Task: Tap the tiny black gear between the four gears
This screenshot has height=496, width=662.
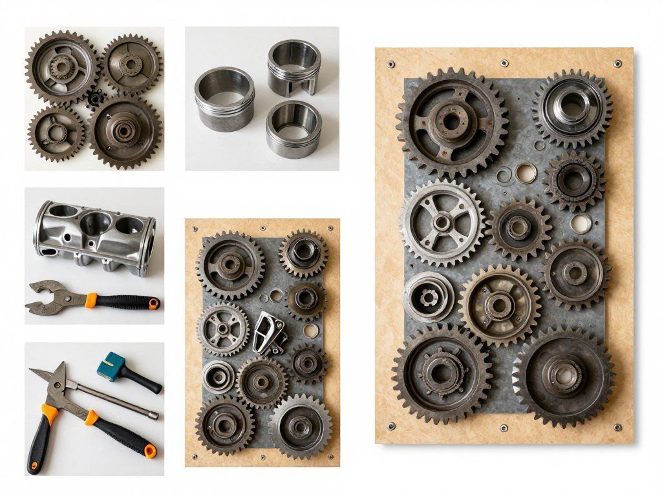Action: (x=95, y=98)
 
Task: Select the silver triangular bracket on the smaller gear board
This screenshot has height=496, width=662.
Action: (x=269, y=333)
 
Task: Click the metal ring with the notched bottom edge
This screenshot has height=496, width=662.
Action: (x=294, y=67)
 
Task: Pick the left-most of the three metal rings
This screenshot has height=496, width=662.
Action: (x=224, y=98)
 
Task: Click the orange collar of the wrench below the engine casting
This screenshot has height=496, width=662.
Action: (x=91, y=300)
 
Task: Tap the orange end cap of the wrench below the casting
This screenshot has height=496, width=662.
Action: (x=153, y=303)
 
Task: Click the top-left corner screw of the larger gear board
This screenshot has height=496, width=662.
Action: (x=392, y=64)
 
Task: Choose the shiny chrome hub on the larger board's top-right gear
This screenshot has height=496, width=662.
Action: (x=571, y=106)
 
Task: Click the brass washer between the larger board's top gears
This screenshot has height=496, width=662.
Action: (x=525, y=172)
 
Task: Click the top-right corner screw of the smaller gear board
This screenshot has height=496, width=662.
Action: (x=331, y=228)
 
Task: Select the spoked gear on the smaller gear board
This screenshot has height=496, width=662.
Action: (x=223, y=329)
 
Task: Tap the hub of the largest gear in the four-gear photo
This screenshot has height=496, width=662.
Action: (x=124, y=131)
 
